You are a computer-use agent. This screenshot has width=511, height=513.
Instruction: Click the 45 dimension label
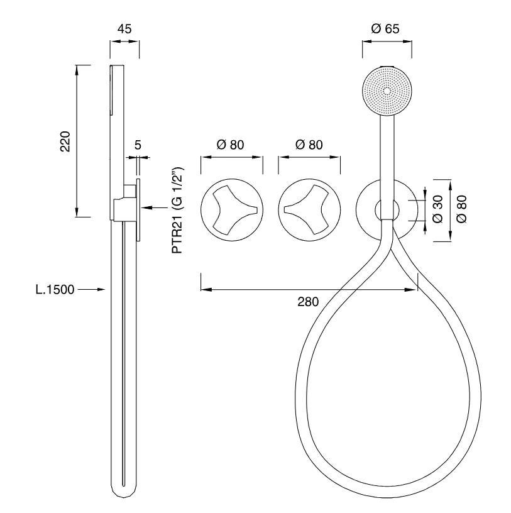coord(124,29)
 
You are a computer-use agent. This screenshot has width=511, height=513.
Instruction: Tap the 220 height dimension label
coord(65,141)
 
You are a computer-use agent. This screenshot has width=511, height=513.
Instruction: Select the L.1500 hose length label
coord(55,290)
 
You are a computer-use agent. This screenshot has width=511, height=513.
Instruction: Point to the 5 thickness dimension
coord(138,145)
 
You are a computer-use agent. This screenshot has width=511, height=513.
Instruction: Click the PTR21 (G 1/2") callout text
coord(178,210)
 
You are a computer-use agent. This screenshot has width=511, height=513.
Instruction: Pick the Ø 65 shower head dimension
coord(385,29)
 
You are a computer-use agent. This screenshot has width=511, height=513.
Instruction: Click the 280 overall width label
coord(308,302)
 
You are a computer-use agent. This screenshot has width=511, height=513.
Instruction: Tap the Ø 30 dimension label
coord(437,209)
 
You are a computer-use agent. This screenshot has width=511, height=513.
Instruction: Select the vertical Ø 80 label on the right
coord(461,209)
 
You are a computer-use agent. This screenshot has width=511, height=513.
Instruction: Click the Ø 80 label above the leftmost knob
coord(230,145)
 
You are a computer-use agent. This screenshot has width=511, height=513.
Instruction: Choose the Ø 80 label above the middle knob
coord(309,145)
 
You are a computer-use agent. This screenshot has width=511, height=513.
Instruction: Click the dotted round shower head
coord(387,91)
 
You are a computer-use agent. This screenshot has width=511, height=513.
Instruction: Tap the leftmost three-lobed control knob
coord(232,210)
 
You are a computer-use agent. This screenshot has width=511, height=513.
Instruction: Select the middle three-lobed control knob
coord(309,210)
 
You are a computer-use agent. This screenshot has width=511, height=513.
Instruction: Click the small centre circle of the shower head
coord(387,91)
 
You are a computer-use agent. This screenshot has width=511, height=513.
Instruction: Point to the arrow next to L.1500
coord(92,290)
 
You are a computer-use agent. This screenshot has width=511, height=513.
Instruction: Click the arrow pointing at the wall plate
coord(155,207)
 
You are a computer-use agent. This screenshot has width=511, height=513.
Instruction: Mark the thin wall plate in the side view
coord(139,210)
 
